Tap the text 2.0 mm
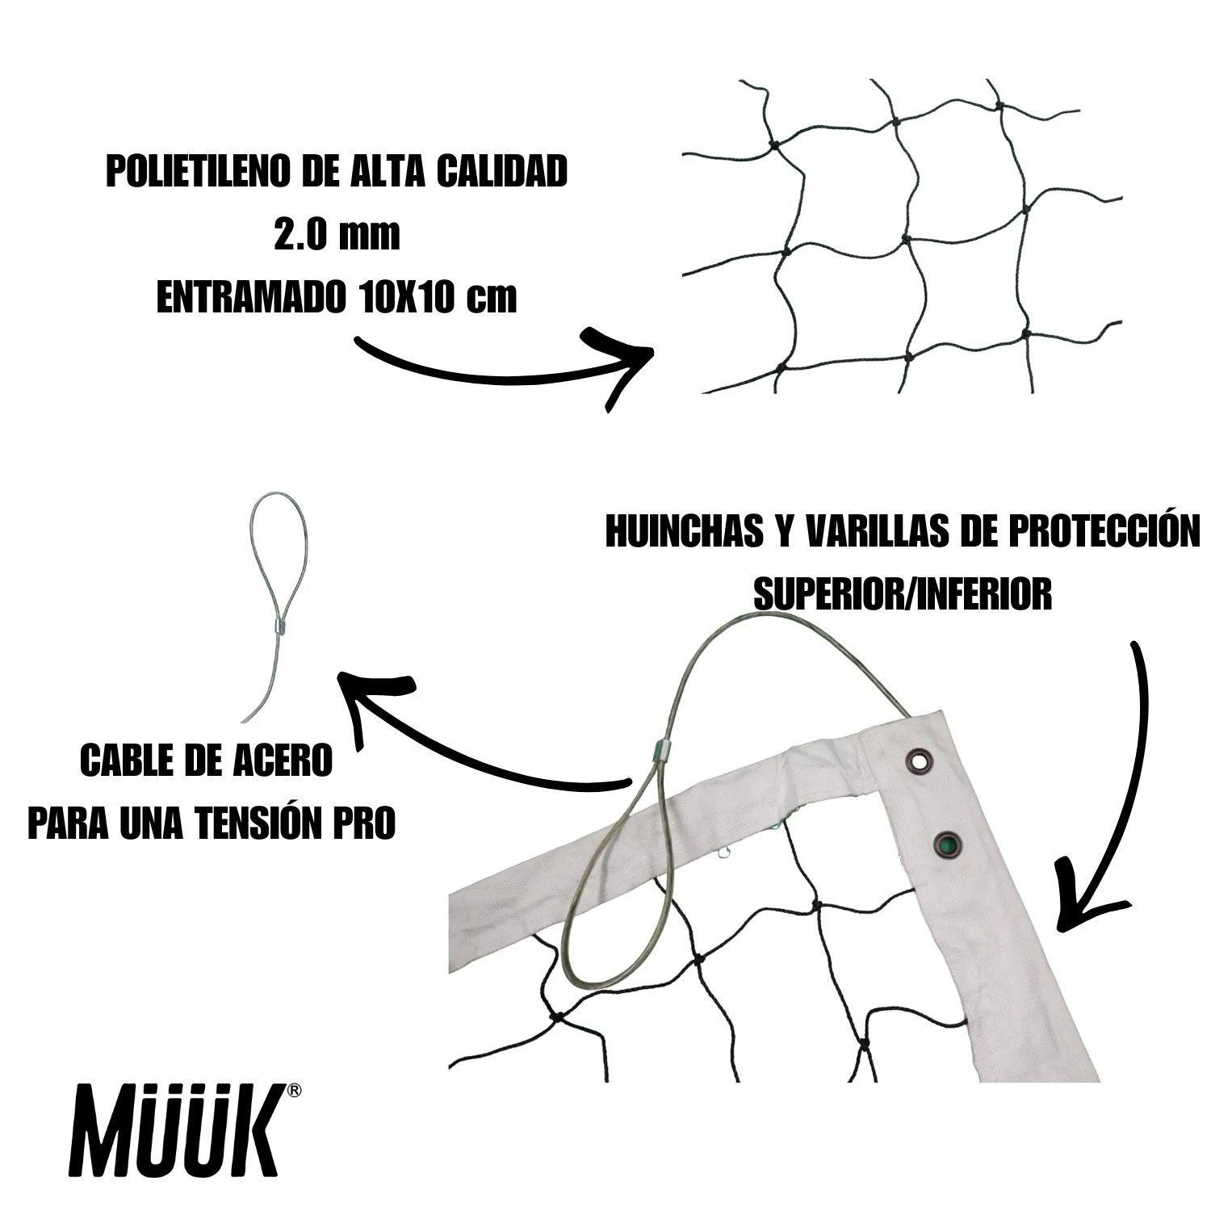337,235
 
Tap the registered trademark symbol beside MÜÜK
295,1091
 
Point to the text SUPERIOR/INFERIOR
902,594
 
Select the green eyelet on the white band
946,845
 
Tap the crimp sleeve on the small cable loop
275,626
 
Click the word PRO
373,822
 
